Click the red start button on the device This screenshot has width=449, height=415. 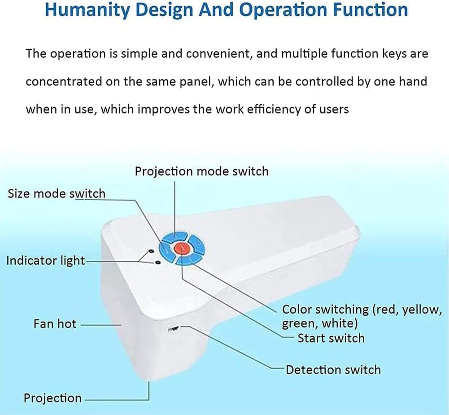pyautogui.click(x=182, y=248)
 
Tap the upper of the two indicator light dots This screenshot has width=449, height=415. pyautogui.click(x=151, y=251)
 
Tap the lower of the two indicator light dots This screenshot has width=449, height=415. pyautogui.click(x=157, y=262)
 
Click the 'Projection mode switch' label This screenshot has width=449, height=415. pyautogui.click(x=201, y=171)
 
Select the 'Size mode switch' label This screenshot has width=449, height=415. pyautogui.click(x=57, y=194)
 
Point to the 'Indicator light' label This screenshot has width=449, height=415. pyautogui.click(x=45, y=261)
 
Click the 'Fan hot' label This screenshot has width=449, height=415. pyautogui.click(x=55, y=324)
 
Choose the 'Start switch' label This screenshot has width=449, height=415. pyautogui.click(x=331, y=338)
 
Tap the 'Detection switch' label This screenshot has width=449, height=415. pyautogui.click(x=333, y=370)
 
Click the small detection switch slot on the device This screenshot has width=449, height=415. pyautogui.click(x=173, y=329)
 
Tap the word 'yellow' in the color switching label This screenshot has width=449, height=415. pyautogui.click(x=419, y=310)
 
